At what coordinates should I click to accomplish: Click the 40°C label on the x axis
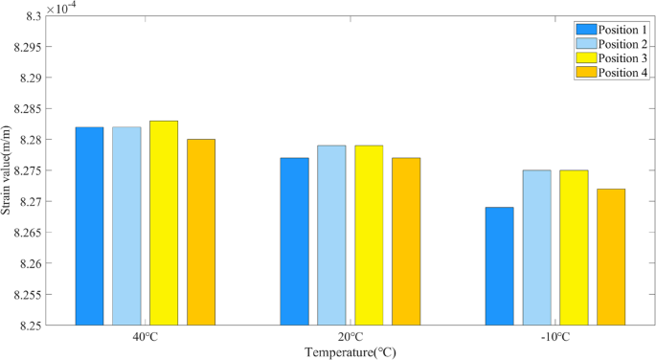145,337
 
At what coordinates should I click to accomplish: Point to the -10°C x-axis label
554,337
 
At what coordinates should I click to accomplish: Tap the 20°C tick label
350,337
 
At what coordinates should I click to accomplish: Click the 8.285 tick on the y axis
27,109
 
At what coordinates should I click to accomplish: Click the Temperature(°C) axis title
350,351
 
